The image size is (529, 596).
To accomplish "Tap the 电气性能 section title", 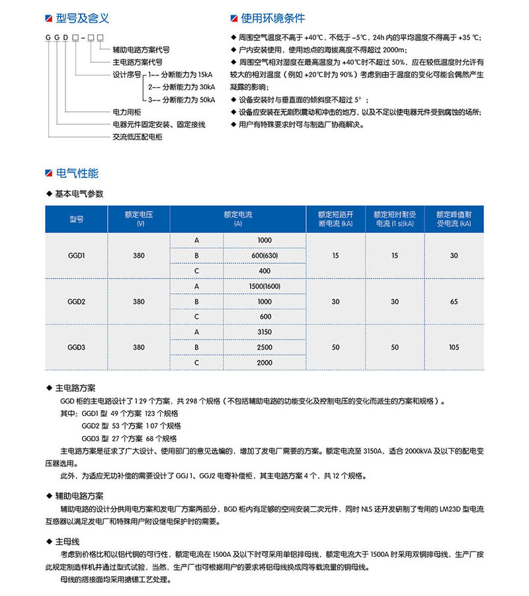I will tap(77, 173).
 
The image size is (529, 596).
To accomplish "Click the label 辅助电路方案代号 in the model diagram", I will tap(142, 50).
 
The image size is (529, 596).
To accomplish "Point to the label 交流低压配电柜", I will tap(138, 137).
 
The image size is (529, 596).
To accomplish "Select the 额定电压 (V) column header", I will tap(139, 218).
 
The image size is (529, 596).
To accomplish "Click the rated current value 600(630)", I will tap(264, 255).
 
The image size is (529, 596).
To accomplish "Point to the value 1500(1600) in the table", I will tap(264, 286).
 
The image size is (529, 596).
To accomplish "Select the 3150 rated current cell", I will tap(264, 332).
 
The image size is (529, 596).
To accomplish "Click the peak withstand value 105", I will tap(454, 347).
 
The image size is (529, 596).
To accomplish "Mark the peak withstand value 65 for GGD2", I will tap(454, 302).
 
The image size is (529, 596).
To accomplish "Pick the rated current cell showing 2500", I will tap(264, 347).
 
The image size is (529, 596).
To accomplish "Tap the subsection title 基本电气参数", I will tap(79, 194).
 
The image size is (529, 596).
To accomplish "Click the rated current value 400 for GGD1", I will tap(264, 271).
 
